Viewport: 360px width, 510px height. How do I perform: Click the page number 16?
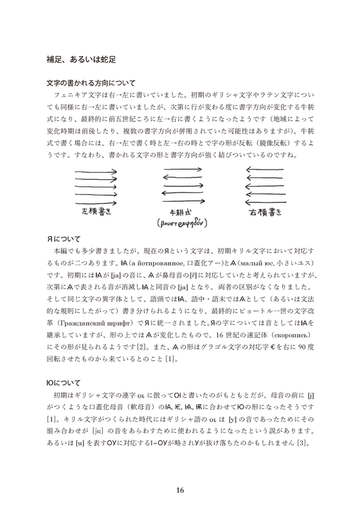[180, 473]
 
